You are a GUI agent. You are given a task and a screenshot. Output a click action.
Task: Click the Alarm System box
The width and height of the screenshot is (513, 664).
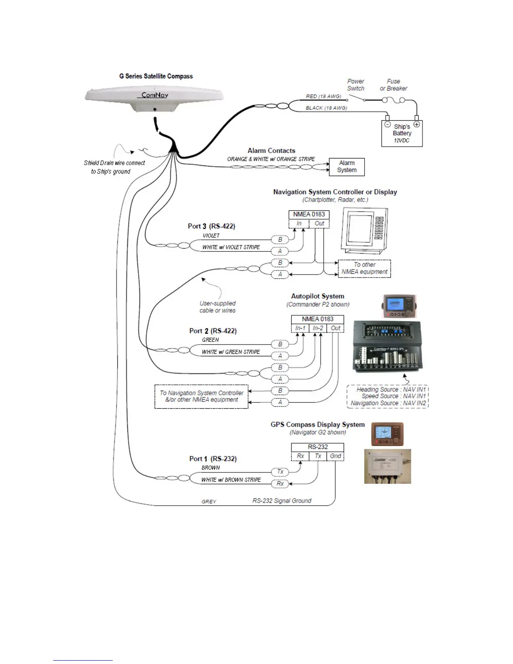pos(347,167)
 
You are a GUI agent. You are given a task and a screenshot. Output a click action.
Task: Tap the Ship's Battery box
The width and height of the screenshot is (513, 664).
pos(402,134)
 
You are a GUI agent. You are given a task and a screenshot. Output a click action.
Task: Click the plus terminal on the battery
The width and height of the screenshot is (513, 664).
pos(417,124)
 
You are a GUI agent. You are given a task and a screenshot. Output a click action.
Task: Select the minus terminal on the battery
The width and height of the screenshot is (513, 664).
pos(387,124)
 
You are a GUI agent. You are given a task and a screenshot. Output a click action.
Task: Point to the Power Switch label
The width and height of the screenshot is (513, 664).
pos(355,85)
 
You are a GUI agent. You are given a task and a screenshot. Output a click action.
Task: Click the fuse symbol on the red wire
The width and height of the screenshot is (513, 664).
pos(393,100)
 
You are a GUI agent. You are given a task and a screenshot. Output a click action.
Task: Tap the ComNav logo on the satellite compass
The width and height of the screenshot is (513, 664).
pos(155,95)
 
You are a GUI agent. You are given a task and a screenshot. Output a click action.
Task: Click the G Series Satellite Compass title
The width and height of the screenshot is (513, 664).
pos(156,76)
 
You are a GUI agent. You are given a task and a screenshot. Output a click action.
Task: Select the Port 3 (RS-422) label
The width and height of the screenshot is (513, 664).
pos(211,226)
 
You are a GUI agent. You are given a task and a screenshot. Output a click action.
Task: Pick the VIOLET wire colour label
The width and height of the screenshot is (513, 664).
pos(211,236)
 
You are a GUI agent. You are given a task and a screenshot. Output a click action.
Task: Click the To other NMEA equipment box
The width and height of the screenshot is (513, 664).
pos(364,268)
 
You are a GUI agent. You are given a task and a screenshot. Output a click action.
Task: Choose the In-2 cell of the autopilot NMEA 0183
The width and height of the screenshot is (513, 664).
pos(318,328)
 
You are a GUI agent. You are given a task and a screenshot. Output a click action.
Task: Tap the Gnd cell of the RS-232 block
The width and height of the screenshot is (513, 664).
pos(335,456)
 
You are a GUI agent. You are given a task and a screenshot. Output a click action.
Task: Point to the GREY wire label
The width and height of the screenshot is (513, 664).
pos(209,502)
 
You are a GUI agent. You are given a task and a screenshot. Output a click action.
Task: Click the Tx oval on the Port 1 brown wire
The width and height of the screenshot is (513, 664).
pos(280,472)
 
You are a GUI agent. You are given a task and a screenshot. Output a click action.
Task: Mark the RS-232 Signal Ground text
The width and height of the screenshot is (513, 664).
pos(282,501)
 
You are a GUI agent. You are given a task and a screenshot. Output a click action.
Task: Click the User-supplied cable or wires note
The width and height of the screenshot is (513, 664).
pos(218,307)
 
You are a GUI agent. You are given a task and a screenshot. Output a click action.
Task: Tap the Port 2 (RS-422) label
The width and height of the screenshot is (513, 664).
pos(213,331)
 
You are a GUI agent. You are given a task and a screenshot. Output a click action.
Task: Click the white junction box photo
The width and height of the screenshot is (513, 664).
pos(387,467)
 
